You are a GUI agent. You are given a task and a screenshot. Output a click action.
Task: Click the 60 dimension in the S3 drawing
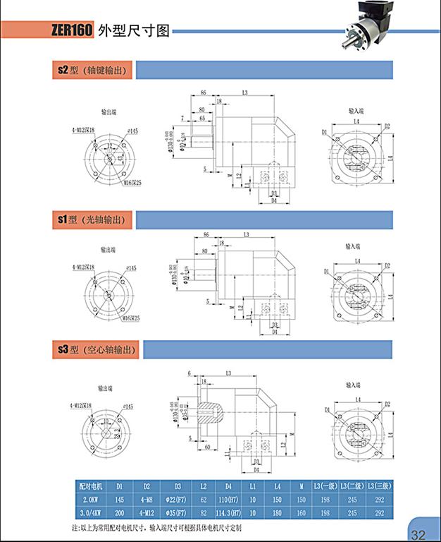(x=209, y=447)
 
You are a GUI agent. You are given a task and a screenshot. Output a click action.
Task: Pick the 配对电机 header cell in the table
(x=92, y=486)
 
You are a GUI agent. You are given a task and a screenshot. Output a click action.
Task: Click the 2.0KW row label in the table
(x=92, y=498)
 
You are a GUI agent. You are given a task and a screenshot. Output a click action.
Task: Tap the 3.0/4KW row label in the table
(x=92, y=512)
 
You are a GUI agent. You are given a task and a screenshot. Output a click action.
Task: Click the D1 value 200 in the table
(x=120, y=512)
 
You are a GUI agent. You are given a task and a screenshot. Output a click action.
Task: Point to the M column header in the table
(x=302, y=486)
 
